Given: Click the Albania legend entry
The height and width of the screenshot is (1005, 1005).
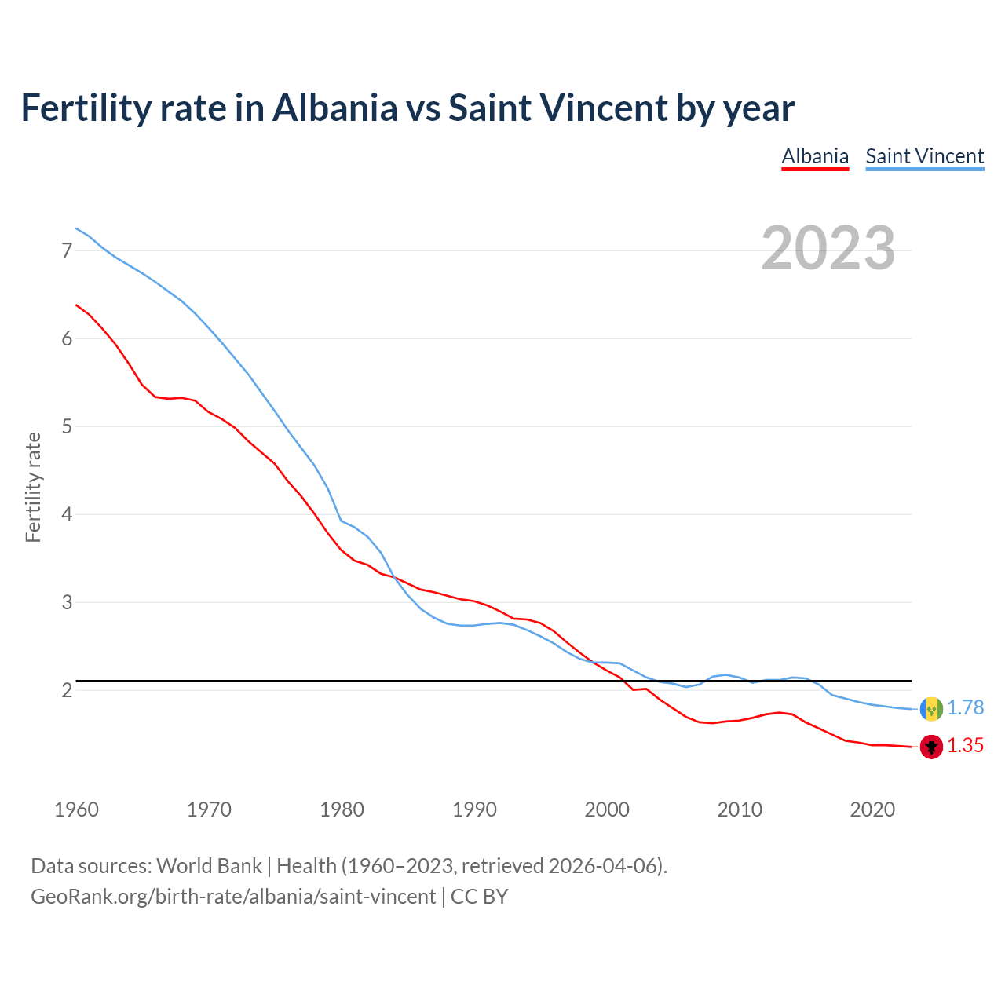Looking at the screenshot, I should pyautogui.click(x=815, y=156).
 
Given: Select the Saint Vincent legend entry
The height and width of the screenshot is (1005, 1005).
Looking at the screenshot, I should pyautogui.click(x=924, y=156).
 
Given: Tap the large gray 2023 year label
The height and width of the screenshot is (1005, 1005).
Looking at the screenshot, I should pyautogui.click(x=828, y=248).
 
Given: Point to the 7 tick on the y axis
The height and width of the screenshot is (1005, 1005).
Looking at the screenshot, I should pyautogui.click(x=67, y=250).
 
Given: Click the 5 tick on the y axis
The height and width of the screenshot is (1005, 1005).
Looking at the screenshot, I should pyautogui.click(x=67, y=426).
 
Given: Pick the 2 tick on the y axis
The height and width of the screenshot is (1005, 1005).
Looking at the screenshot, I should pyautogui.click(x=67, y=690).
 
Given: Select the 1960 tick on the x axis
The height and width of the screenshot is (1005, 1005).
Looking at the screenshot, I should pyautogui.click(x=76, y=809).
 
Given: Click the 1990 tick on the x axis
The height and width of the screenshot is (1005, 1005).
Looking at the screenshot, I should pyautogui.click(x=474, y=809).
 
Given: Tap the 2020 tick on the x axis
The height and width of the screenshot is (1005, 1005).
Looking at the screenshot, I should pyautogui.click(x=872, y=809).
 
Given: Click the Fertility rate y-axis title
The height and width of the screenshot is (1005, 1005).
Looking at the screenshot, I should pyautogui.click(x=33, y=487).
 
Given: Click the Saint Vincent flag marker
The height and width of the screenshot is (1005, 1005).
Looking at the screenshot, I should pyautogui.click(x=931, y=709).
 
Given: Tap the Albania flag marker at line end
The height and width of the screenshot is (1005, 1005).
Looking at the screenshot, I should pyautogui.click(x=931, y=747).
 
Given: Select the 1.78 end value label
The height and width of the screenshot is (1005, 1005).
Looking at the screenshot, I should pyautogui.click(x=965, y=708).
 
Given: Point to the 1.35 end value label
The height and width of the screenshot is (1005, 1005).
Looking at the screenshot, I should pyautogui.click(x=965, y=746).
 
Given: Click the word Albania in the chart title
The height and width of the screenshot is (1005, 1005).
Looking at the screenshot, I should pyautogui.click(x=335, y=108).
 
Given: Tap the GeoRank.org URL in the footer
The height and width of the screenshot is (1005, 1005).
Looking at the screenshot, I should pyautogui.click(x=233, y=897).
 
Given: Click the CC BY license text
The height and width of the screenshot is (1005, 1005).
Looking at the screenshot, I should pyautogui.click(x=479, y=897).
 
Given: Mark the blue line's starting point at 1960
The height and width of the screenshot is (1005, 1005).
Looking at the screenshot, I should pyautogui.click(x=76, y=228).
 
